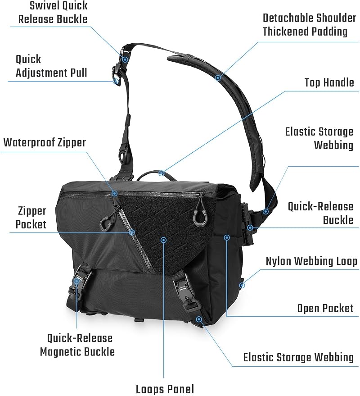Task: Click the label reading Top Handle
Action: click(329, 82)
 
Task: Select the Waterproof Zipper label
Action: click(45, 142)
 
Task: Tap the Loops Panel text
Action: click(165, 389)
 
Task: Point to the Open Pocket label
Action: click(325, 308)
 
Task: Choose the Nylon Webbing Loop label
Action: click(311, 261)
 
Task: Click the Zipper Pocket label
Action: click(31, 218)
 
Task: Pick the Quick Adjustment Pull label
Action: click(51, 66)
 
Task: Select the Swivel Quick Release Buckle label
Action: click(53, 12)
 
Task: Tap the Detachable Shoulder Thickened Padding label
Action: click(309, 25)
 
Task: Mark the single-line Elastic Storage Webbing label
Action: click(298, 357)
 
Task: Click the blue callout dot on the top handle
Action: click(162, 173)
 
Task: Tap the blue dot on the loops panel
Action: click(164, 240)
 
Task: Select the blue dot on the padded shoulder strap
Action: click(218, 77)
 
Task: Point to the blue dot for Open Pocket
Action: click(227, 237)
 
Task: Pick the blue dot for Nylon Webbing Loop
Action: click(242, 285)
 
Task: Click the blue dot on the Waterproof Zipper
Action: click(115, 193)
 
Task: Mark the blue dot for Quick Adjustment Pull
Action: click(116, 82)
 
